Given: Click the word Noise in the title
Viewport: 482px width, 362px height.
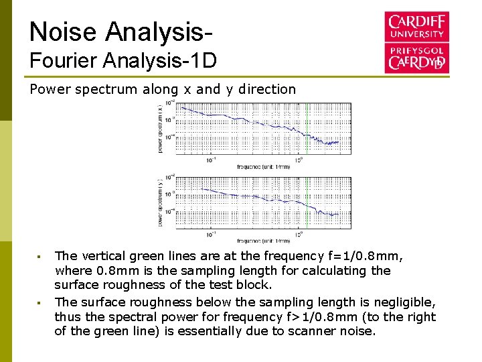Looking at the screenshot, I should coord(63,32).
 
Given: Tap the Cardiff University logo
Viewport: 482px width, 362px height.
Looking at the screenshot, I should coord(416,42).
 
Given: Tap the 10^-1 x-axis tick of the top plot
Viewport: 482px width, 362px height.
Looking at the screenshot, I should coord(211,160).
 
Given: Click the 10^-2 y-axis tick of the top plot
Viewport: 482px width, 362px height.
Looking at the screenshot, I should coord(172,103).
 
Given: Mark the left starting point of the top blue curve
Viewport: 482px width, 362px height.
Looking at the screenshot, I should coord(182,107).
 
